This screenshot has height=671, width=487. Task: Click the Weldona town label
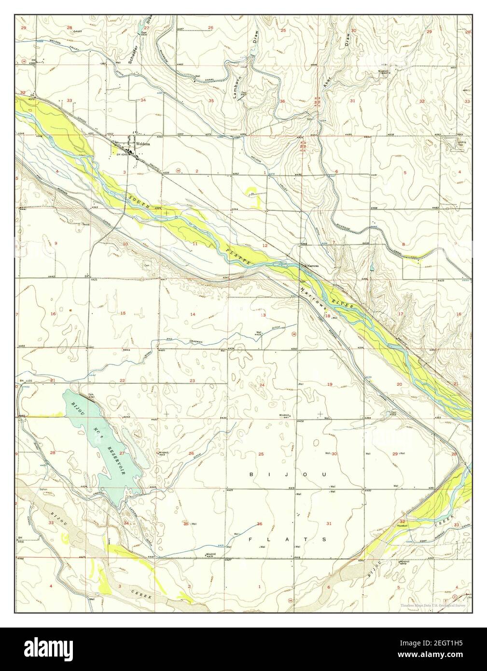click(x=144, y=144)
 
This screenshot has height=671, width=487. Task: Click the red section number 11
click(x=195, y=244)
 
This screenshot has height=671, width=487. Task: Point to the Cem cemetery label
click(x=146, y=264)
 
